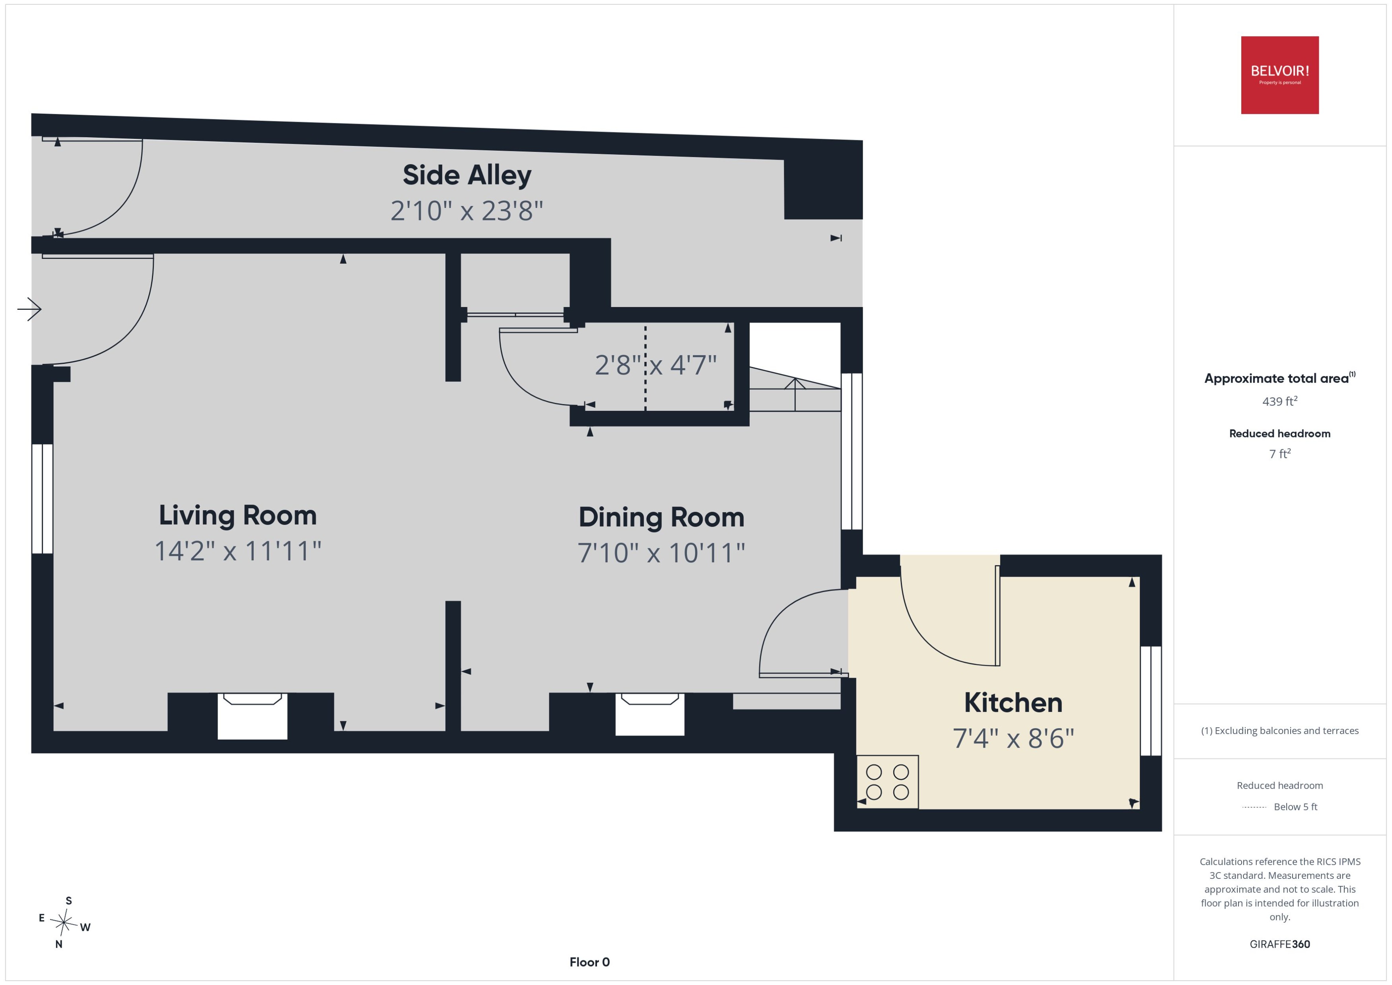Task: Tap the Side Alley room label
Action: click(x=467, y=175)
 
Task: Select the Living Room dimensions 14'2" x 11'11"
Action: click(x=238, y=551)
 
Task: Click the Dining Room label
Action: click(x=661, y=517)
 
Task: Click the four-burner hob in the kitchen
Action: click(x=887, y=782)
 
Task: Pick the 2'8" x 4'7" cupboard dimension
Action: click(x=656, y=365)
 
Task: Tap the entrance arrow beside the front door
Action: click(x=29, y=309)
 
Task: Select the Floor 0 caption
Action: click(x=589, y=962)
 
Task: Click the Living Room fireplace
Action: click(x=252, y=716)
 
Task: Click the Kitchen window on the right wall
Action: click(x=1151, y=701)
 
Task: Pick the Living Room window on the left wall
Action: click(x=43, y=499)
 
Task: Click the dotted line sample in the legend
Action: click(x=1254, y=807)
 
